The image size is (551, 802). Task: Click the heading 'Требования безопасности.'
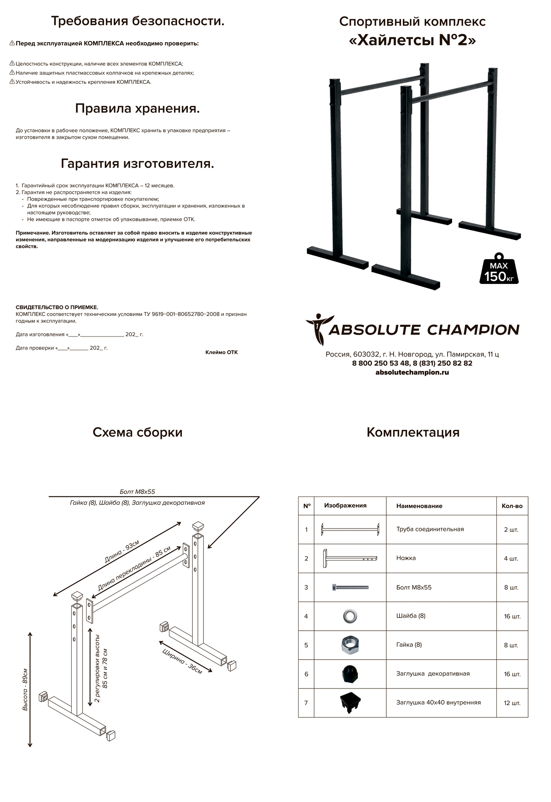click(137, 21)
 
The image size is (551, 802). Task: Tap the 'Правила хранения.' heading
click(137, 108)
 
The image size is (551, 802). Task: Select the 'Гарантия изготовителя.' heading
click(137, 164)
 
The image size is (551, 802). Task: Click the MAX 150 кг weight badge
click(499, 269)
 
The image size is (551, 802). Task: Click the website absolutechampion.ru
click(412, 372)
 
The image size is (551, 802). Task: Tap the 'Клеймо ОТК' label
click(221, 352)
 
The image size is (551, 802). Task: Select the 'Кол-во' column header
click(512, 506)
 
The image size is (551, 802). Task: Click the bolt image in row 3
click(350, 587)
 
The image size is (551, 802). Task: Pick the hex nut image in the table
click(349, 645)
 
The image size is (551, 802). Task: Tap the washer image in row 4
click(350, 616)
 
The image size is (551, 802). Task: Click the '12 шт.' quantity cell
click(512, 703)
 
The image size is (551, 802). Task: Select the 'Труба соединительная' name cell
click(430, 529)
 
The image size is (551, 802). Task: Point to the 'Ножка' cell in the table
click(406, 558)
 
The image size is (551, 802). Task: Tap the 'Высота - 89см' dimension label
click(25, 689)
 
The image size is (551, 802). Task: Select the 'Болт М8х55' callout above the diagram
click(137, 492)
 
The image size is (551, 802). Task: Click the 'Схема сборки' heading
click(137, 432)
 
